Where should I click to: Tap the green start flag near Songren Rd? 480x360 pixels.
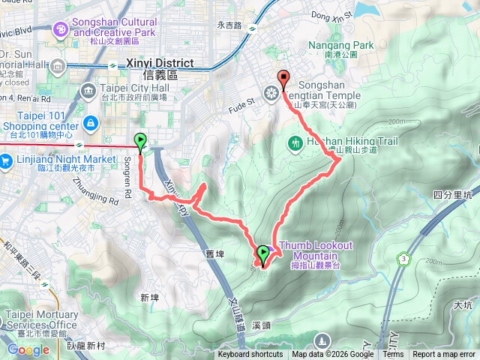(x=140, y=139)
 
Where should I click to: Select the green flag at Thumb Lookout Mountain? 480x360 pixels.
(x=263, y=253)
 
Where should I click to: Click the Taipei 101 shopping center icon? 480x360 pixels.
(x=89, y=123)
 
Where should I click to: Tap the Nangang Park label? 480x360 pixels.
(x=340, y=46)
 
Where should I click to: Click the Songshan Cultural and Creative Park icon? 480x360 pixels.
(x=60, y=30)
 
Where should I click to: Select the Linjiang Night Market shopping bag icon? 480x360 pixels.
(x=5, y=160)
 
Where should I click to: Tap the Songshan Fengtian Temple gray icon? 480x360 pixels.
(x=271, y=94)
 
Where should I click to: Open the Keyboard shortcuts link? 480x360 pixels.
(x=250, y=355)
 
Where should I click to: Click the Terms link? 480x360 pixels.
(x=393, y=355)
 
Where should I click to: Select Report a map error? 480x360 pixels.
(x=443, y=355)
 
